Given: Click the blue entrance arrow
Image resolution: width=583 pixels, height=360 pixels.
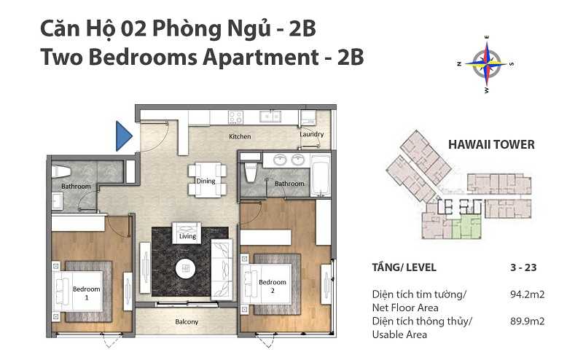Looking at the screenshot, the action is (123, 136).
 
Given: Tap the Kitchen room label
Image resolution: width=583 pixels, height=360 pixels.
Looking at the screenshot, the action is (240, 136).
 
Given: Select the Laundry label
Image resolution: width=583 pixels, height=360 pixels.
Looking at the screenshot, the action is (312, 134).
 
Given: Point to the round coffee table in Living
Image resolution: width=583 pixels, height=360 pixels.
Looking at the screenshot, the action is (186, 268).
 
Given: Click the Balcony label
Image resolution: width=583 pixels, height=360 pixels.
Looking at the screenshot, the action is (187, 321).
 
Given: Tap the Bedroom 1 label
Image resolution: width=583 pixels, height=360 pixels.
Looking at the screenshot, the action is (87, 293).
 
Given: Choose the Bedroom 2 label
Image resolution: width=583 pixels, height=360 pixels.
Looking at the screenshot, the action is (273, 286).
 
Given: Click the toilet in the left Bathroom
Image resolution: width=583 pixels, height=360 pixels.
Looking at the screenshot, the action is (61, 171).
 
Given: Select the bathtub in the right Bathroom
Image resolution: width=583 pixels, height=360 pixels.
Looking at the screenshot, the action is (320, 175).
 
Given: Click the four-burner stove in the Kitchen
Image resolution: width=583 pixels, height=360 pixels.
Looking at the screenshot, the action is (235, 117).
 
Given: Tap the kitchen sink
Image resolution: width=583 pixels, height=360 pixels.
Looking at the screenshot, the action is (270, 117).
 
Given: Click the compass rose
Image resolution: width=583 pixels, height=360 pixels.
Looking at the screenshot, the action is (486, 64).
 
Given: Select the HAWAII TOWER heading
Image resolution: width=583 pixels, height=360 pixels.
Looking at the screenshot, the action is (491, 144).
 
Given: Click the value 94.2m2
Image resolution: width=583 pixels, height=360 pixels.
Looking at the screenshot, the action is (527, 294).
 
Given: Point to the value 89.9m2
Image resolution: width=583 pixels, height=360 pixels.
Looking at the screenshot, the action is (527, 321).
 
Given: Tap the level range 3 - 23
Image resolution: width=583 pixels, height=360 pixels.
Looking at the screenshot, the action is (523, 267).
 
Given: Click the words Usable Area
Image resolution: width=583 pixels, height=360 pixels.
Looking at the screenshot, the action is (399, 334).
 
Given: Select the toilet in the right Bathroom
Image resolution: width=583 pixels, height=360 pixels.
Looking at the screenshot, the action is (251, 171).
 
